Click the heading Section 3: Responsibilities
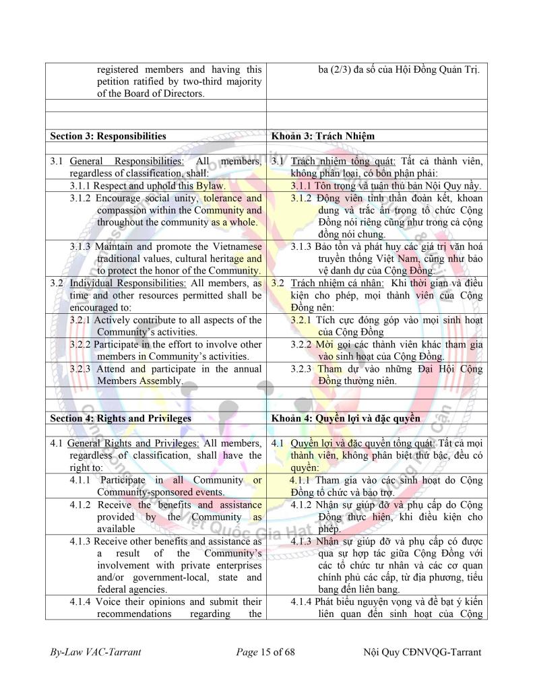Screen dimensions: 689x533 108,136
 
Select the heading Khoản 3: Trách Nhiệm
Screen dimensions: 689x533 323,136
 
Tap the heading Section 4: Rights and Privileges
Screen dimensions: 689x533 121,418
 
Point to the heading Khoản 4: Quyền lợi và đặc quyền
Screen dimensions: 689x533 346,418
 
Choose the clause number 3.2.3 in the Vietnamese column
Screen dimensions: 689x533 302,368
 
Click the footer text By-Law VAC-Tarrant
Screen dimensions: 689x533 96,652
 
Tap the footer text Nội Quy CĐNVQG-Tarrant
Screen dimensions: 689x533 422,652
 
